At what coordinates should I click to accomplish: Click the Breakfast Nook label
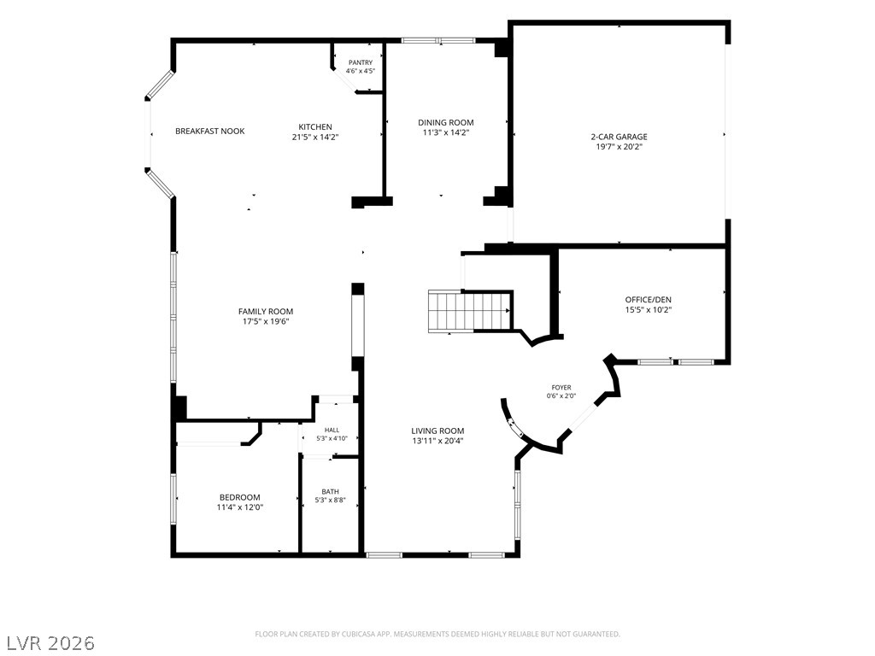pos(210,131)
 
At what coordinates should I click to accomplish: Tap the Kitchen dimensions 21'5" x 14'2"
pos(315,137)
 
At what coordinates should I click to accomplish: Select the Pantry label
pos(361,62)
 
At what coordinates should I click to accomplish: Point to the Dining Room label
pos(446,123)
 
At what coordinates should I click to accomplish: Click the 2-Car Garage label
pos(620,137)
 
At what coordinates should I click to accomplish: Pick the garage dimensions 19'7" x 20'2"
pos(620,147)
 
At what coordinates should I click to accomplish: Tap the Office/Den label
pos(649,300)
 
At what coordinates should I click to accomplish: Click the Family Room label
pos(266,311)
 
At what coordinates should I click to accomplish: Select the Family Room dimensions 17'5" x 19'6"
pos(266,321)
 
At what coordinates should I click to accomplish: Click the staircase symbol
pos(470,311)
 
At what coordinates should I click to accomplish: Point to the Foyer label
pos(561,388)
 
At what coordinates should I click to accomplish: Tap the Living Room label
pos(438,430)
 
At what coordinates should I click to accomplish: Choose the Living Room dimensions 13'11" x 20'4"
pos(438,441)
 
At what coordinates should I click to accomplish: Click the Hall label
pos(332,430)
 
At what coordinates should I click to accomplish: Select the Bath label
pos(331,491)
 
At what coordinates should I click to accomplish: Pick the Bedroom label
pos(240,498)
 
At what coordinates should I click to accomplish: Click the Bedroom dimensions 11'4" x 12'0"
pos(240,507)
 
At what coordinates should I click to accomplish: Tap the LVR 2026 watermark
pos(48,642)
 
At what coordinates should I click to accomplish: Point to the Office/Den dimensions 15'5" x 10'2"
pos(649,309)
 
